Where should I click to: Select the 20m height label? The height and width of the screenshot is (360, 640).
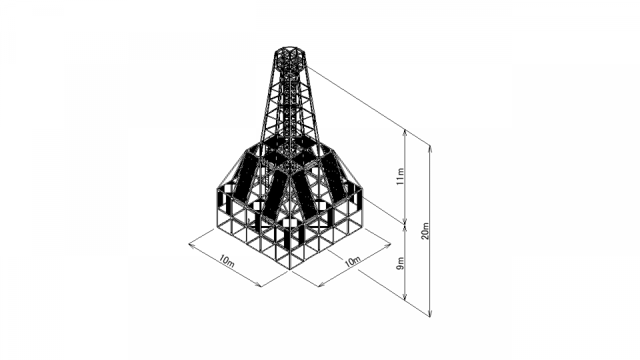(426, 231)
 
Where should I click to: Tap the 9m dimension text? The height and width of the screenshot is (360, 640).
(401, 263)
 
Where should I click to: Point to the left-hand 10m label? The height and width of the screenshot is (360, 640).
(227, 261)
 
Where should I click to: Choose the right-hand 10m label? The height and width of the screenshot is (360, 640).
(352, 261)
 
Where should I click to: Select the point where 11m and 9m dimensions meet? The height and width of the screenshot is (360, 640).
(405, 224)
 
